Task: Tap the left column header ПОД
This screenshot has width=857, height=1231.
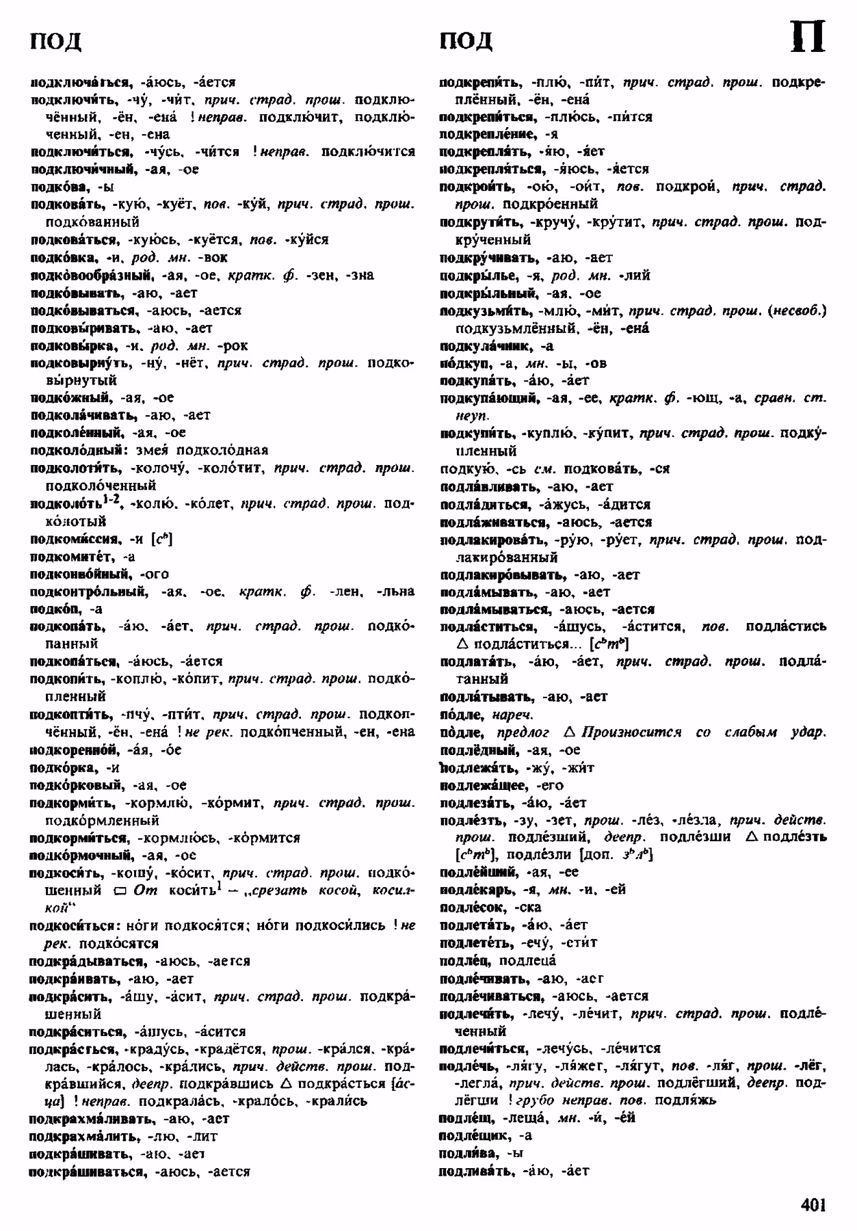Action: pyautogui.click(x=56, y=41)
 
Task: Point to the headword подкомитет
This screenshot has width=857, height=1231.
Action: pyautogui.click(x=70, y=557)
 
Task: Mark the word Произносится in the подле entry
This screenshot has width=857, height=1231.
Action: pyautogui.click(x=631, y=732)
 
